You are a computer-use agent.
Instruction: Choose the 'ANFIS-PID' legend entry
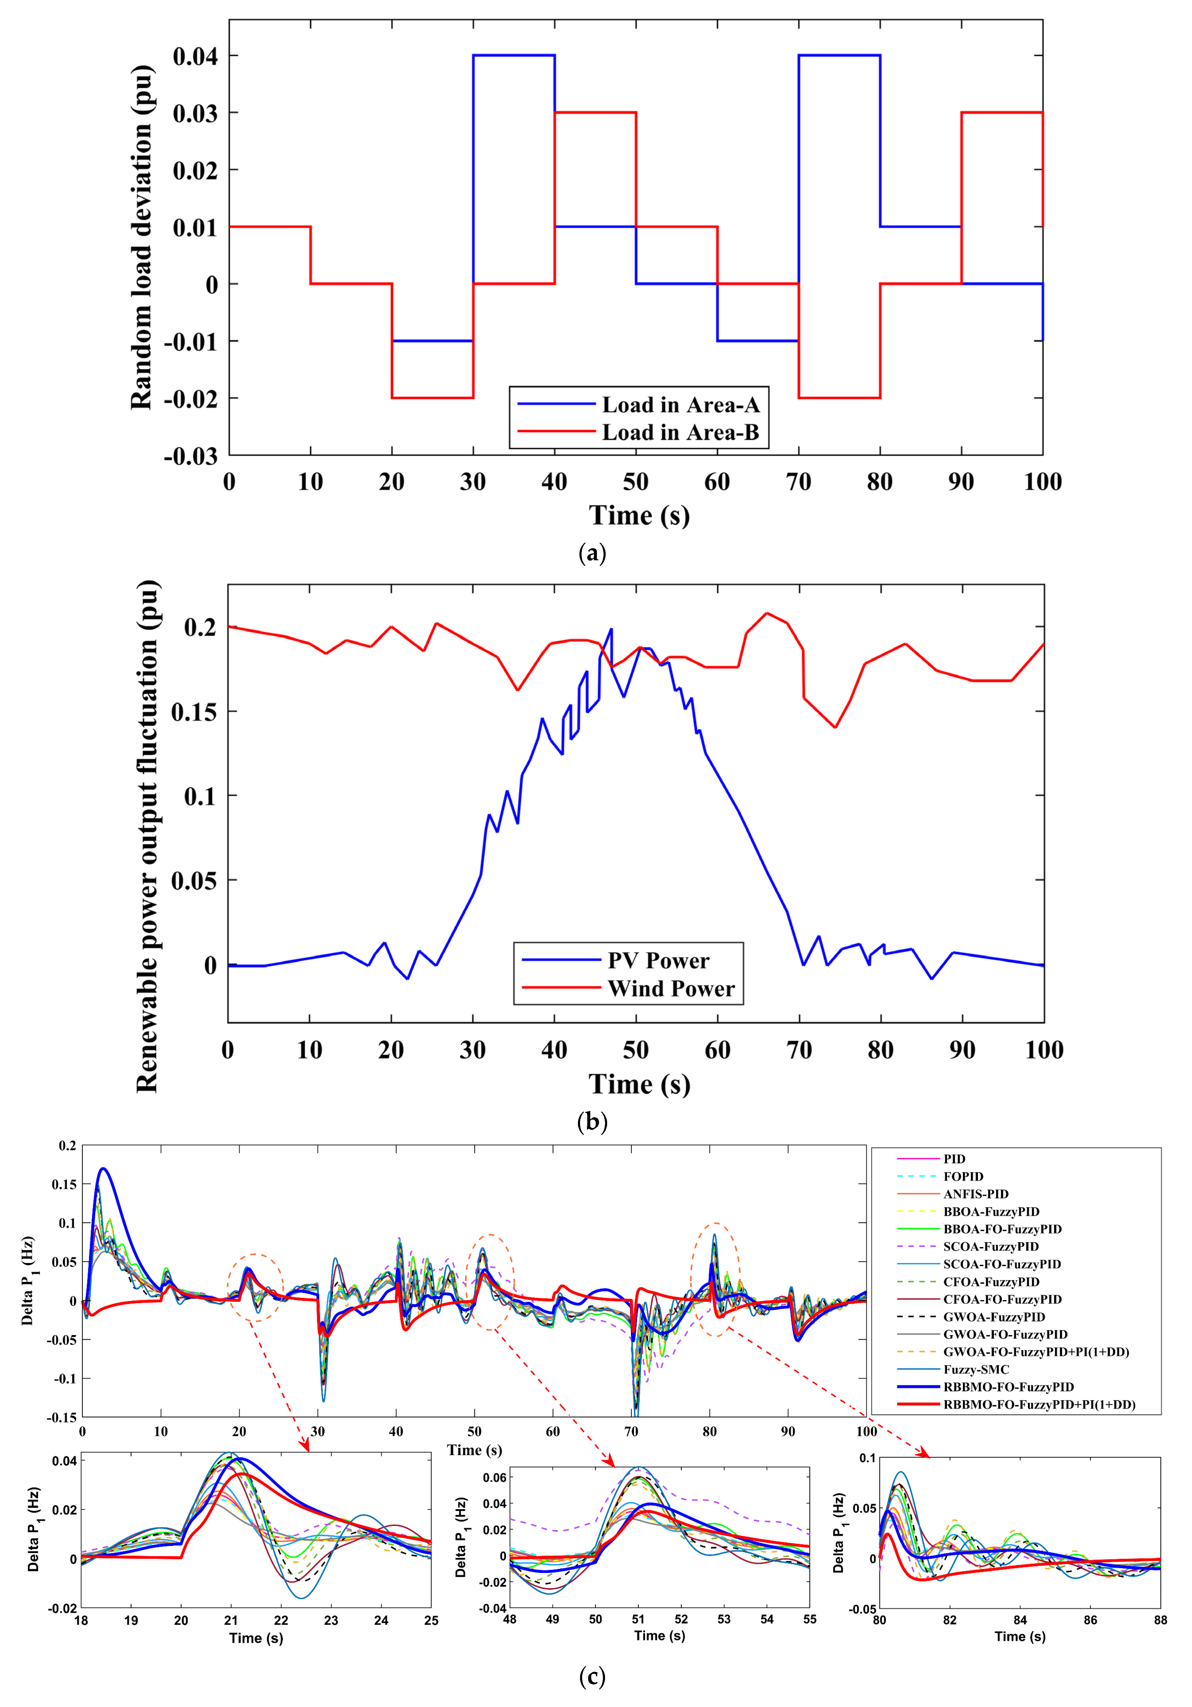coord(976,1194)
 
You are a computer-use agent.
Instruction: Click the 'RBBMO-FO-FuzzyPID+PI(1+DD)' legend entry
coord(1039,1404)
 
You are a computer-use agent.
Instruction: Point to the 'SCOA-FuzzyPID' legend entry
coord(991,1247)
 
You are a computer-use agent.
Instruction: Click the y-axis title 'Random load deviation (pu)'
coord(141,238)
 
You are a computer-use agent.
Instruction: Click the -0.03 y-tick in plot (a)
coord(191,456)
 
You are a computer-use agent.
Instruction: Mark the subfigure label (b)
coord(592,1122)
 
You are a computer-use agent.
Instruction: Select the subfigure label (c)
coord(592,1677)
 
